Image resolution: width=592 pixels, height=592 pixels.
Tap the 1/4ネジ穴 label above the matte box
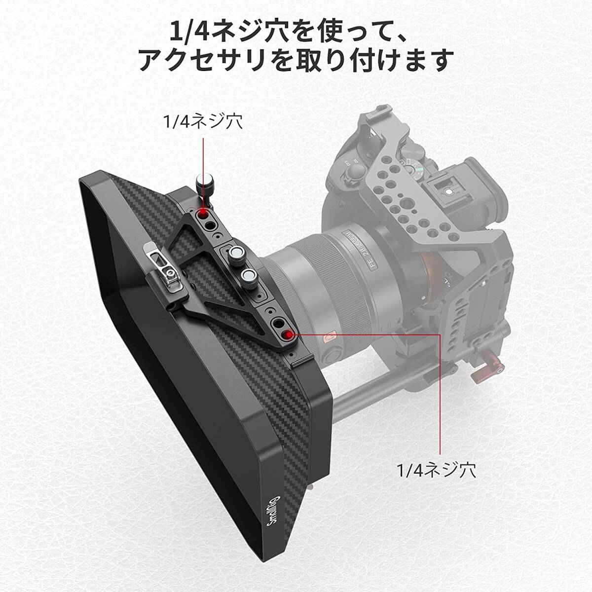203,122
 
